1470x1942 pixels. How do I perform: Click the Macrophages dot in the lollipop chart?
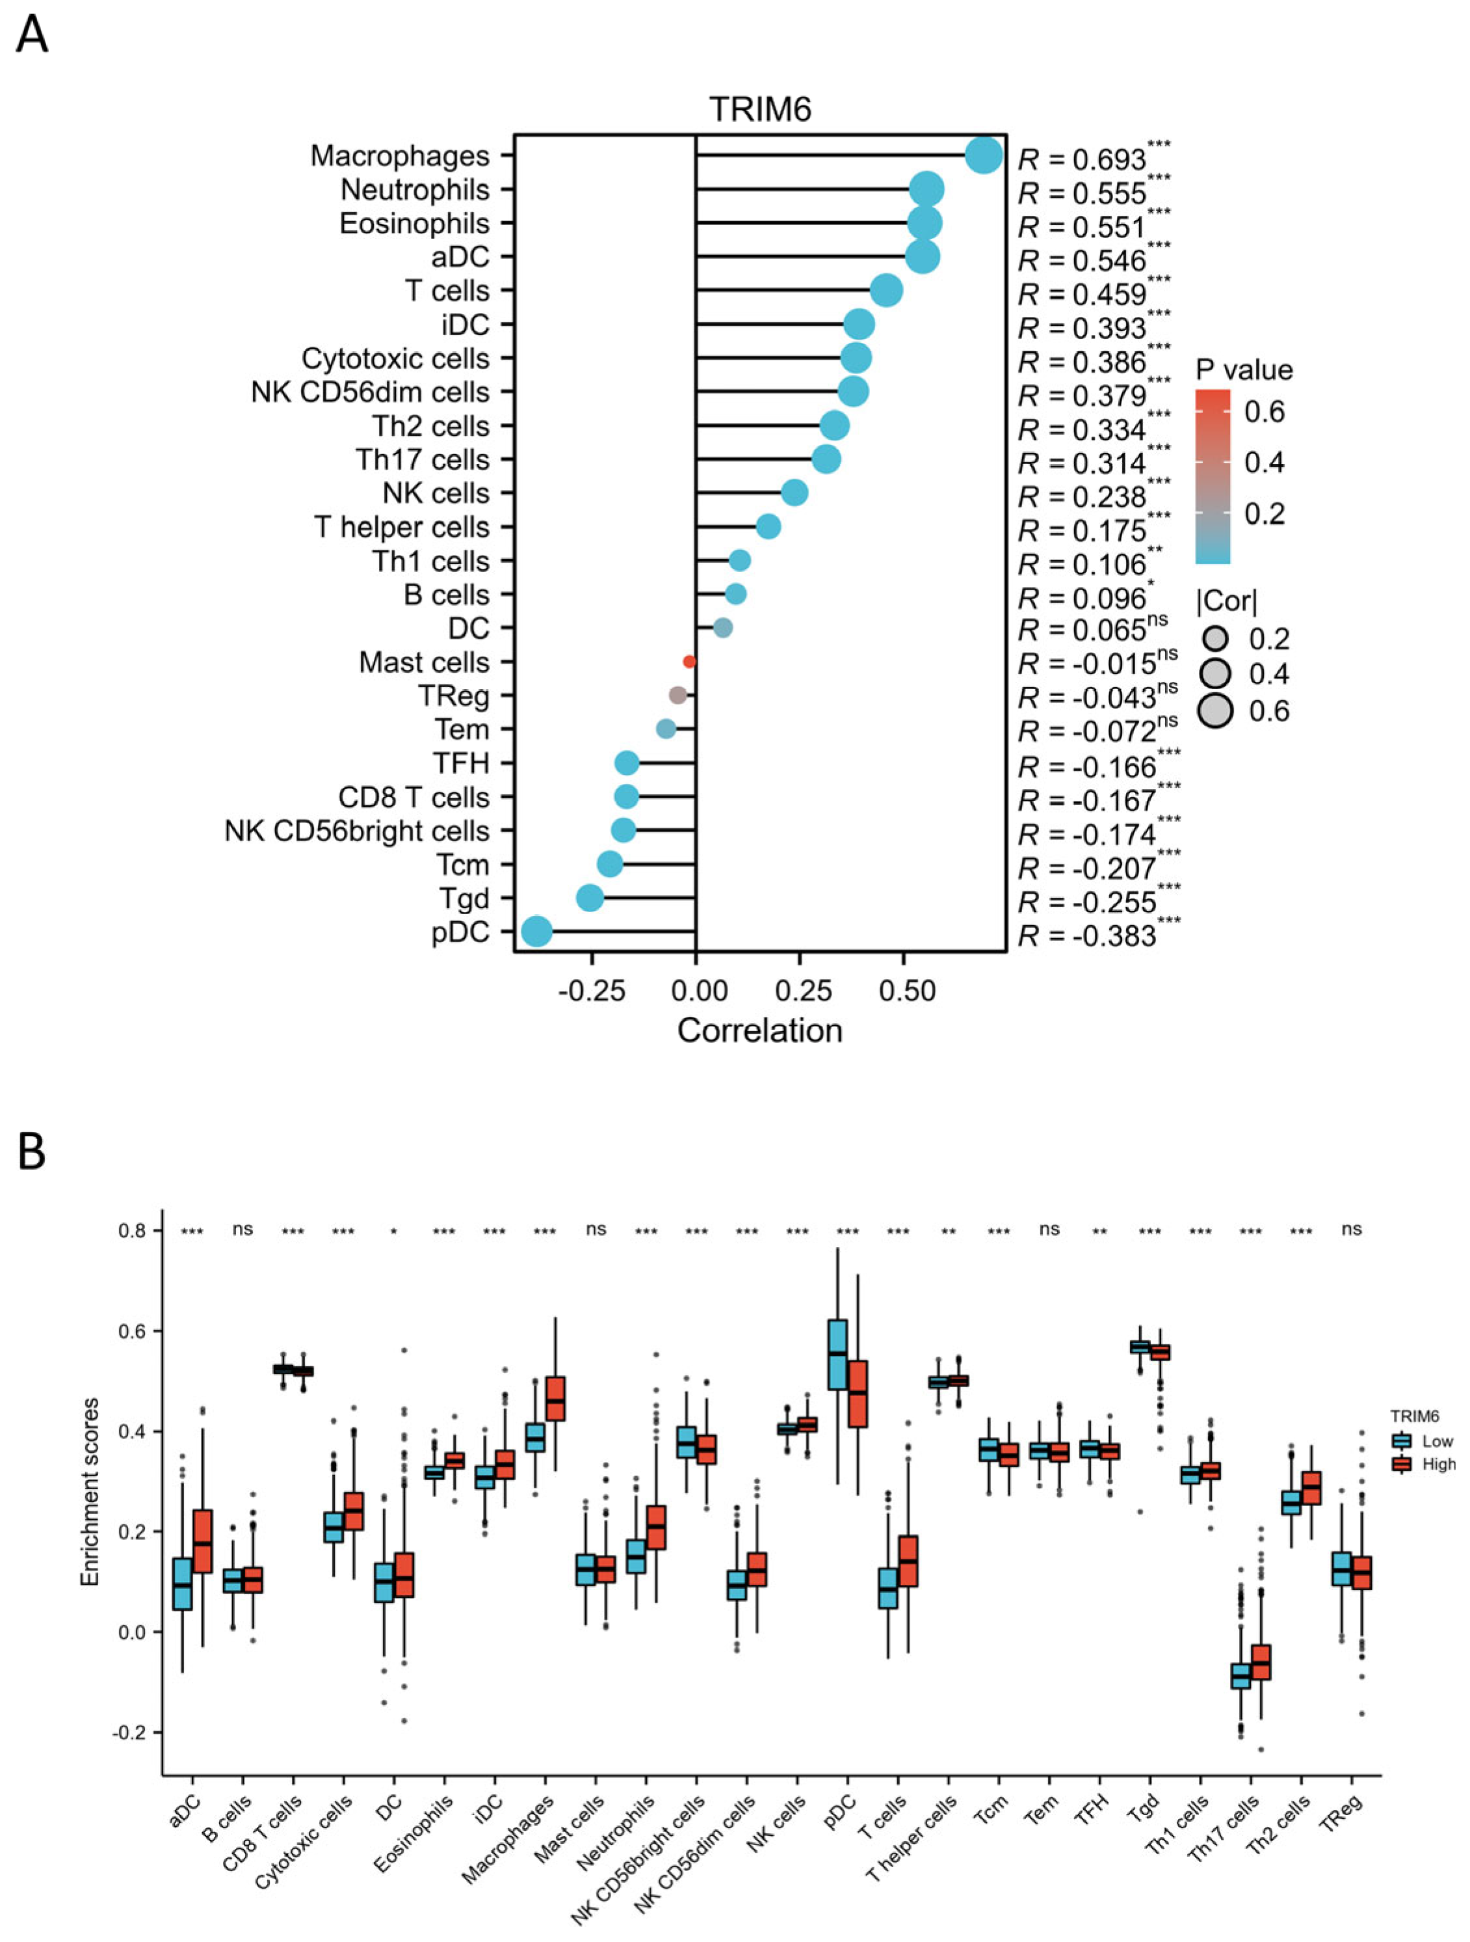coord(983,155)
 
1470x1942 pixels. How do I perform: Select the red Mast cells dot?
coord(689,661)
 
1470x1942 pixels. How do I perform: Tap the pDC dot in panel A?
coord(536,932)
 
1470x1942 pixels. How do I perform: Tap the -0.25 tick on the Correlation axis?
coord(592,991)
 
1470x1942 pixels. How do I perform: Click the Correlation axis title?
coord(759,1031)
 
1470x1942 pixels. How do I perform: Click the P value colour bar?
coord(1212,477)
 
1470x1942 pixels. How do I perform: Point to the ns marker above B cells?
coord(243,1229)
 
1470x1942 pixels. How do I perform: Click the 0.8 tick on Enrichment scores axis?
coord(131,1231)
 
